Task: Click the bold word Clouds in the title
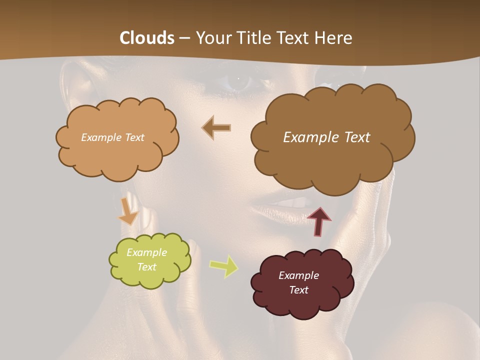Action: click(147, 38)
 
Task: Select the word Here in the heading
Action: click(335, 38)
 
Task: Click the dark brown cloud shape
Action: click(330, 160)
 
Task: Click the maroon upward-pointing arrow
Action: click(318, 221)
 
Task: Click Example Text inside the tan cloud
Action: click(112, 137)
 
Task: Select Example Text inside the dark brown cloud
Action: click(326, 137)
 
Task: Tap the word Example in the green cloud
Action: click(146, 252)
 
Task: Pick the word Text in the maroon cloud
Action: click(298, 290)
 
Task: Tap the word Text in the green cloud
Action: click(146, 267)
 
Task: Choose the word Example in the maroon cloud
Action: click(298, 275)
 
